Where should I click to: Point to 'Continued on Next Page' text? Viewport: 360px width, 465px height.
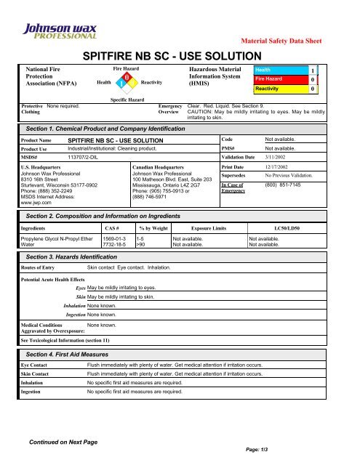(x=63, y=441)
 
